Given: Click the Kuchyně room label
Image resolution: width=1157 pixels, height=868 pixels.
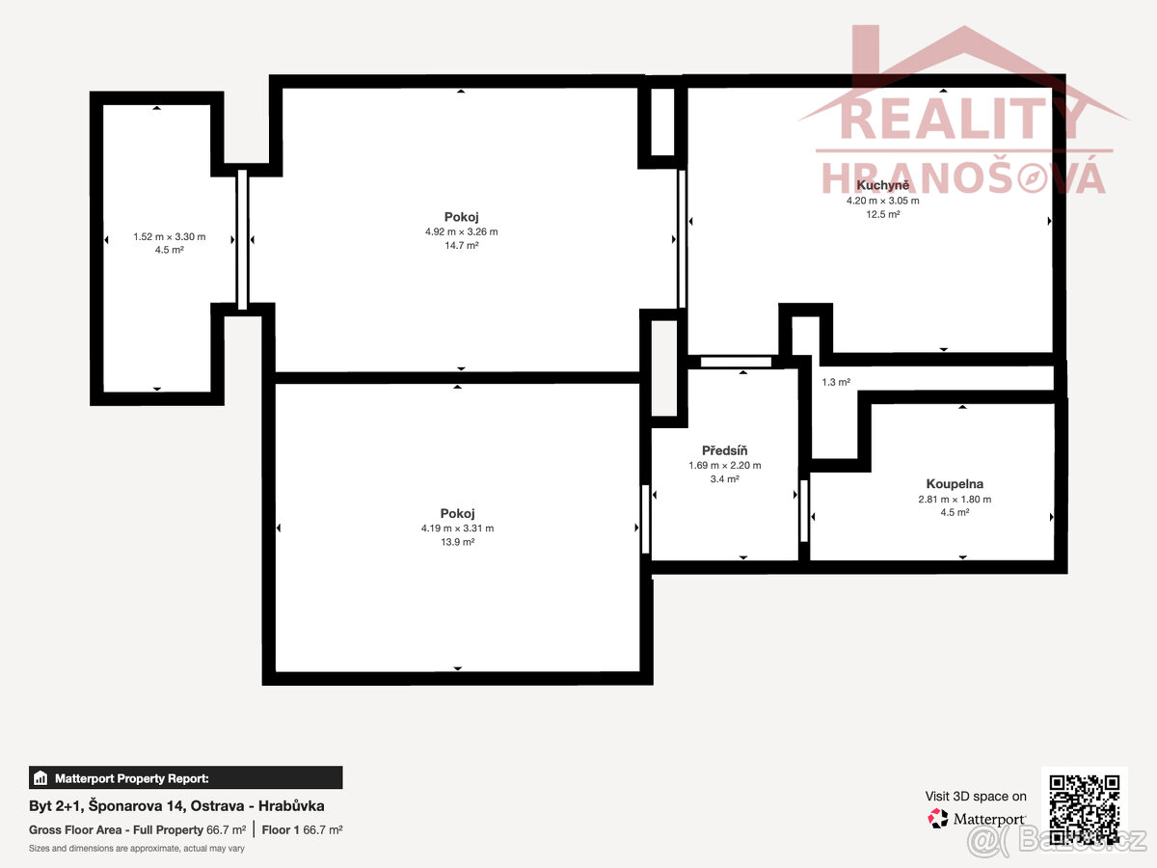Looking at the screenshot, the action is (x=882, y=185).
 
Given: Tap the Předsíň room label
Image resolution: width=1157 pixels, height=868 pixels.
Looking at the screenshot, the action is (x=724, y=450).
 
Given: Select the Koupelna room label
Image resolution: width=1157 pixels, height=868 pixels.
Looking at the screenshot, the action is (x=955, y=484).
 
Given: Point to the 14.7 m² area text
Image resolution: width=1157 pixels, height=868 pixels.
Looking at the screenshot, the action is (x=461, y=245).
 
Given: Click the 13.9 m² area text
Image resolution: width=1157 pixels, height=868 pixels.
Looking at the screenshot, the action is (x=458, y=542).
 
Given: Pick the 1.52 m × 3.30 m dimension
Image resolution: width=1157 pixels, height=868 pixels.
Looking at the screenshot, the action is (x=169, y=236).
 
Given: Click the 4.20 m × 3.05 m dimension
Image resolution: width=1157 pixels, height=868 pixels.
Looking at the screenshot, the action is (x=883, y=201).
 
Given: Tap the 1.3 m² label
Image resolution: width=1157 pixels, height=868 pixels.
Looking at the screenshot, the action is (x=836, y=382).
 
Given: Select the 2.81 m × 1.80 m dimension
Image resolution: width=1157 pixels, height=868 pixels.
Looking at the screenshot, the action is (x=955, y=499).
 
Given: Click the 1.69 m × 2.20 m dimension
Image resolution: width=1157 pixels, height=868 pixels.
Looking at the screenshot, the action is (x=724, y=466).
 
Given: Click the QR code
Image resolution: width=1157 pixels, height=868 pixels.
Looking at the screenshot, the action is (x=1085, y=809).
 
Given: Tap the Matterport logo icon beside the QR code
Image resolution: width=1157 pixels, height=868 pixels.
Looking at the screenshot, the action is (x=938, y=819).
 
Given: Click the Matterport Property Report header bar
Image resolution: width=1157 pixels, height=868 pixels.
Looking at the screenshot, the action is (x=185, y=777).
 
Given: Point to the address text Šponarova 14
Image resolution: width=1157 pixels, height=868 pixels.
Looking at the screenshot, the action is (x=137, y=806).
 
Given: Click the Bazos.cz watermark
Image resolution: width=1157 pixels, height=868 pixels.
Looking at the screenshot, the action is (x=1057, y=841).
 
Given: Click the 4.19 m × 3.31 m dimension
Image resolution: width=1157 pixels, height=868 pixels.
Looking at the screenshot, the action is (x=458, y=529).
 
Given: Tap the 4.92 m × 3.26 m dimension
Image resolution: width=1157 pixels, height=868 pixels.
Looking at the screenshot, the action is (x=461, y=231).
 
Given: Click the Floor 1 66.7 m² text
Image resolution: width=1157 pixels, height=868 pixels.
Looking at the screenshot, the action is (x=302, y=829).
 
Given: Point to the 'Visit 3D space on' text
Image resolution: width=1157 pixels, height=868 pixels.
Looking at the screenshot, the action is (x=976, y=797).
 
